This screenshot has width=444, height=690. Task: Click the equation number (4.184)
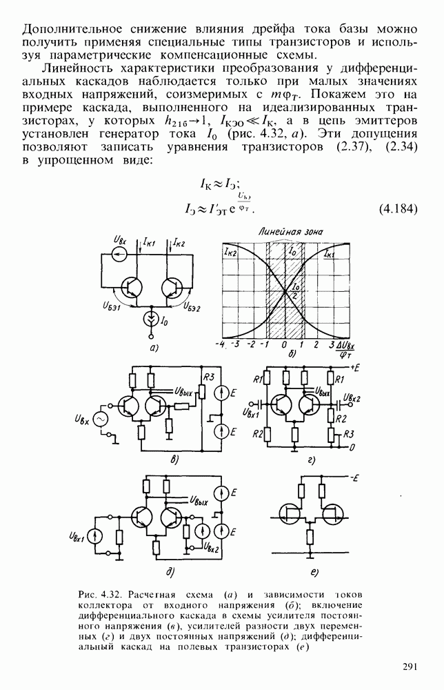(x=397, y=209)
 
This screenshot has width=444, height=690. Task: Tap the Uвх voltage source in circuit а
(x=119, y=255)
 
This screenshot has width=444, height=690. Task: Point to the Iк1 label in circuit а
(x=150, y=241)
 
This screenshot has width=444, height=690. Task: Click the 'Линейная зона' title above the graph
(x=290, y=232)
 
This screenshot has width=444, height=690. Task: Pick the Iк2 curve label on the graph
(x=230, y=253)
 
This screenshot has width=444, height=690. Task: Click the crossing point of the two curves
(x=285, y=290)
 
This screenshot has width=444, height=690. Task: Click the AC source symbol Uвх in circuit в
(x=100, y=420)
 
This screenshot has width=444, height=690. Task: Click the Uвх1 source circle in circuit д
(x=94, y=536)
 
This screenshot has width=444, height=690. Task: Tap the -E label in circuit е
(x=353, y=477)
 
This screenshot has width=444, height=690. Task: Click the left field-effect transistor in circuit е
(x=290, y=513)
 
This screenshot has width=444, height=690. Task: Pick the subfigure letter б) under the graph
(x=291, y=353)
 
